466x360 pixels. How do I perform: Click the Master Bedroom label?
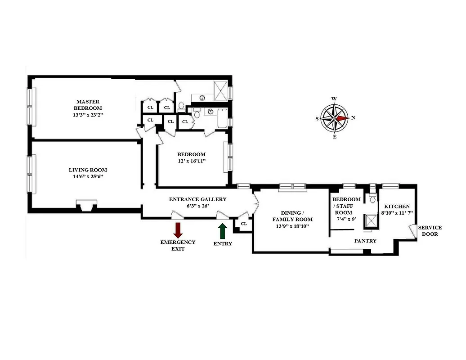coord(89,105)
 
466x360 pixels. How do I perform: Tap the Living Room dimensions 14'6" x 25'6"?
coord(88,177)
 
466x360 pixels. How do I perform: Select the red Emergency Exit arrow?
coord(178,229)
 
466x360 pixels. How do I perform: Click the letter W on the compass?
coord(334,99)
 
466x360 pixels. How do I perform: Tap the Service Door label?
coord(430,231)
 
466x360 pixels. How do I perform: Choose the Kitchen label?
coord(397,206)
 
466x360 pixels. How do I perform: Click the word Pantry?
coord(365,241)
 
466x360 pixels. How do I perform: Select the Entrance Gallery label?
coord(197,199)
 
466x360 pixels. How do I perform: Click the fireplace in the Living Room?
coord(86,206)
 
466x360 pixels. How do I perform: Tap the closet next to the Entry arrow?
coord(243,224)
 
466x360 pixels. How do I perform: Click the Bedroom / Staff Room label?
coord(346,202)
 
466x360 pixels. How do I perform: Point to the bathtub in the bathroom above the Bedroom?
coord(223,118)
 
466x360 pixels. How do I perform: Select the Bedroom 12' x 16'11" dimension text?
coord(191,161)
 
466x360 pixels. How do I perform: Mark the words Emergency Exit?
coord(178,245)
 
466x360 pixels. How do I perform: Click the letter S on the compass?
coord(317,119)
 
